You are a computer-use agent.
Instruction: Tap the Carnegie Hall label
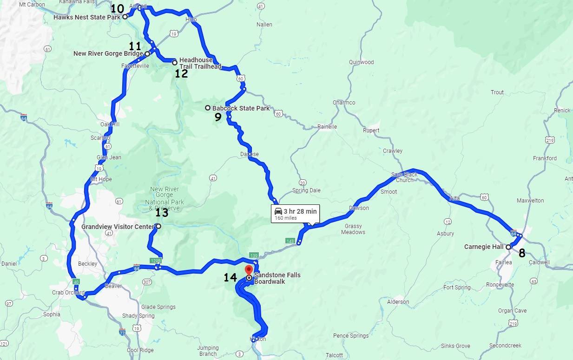point(483,247)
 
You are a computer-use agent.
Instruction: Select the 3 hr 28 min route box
point(296,214)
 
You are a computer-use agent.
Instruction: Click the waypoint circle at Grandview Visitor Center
point(158,226)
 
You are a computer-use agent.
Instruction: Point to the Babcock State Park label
point(241,108)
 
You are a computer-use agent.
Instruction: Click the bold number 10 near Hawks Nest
point(118,8)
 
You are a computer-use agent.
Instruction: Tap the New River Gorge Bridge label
point(108,53)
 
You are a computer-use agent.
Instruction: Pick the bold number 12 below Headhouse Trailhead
point(181,73)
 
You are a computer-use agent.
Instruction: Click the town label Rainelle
point(327,126)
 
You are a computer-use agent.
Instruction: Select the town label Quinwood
point(361,62)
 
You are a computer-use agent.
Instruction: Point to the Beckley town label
point(87,263)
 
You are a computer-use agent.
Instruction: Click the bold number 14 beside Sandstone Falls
point(230,278)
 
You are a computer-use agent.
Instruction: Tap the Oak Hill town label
point(110,124)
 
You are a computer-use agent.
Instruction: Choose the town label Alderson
point(398,301)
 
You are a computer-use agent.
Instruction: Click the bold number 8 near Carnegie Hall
point(522,253)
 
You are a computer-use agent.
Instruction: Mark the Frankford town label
point(545,158)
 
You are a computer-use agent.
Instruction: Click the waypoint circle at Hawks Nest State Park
point(125,17)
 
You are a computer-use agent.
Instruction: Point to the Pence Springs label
point(350,335)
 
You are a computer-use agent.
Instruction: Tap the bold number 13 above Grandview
point(162,213)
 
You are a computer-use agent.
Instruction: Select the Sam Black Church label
point(404,177)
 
